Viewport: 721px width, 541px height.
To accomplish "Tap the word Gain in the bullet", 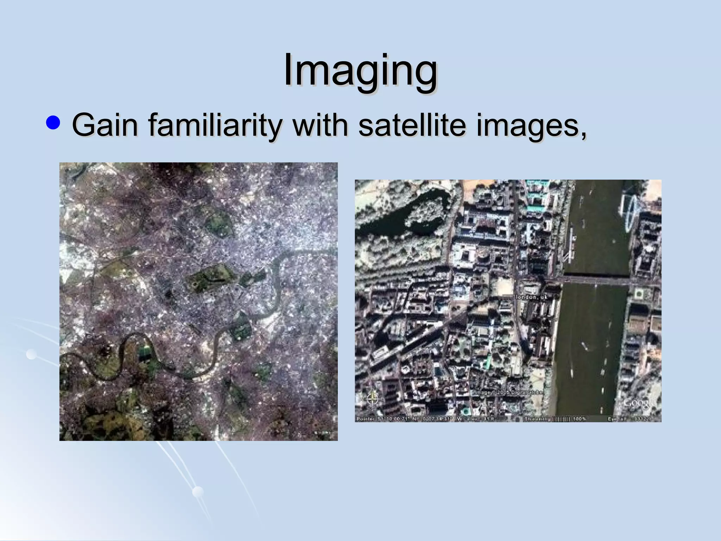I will (x=105, y=125).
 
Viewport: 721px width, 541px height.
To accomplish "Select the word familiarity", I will (x=214, y=125).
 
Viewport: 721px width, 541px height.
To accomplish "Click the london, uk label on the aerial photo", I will (x=532, y=297).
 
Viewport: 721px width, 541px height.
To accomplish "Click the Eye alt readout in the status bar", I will (x=630, y=419).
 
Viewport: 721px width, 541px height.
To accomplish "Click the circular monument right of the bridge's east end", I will (x=639, y=293).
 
